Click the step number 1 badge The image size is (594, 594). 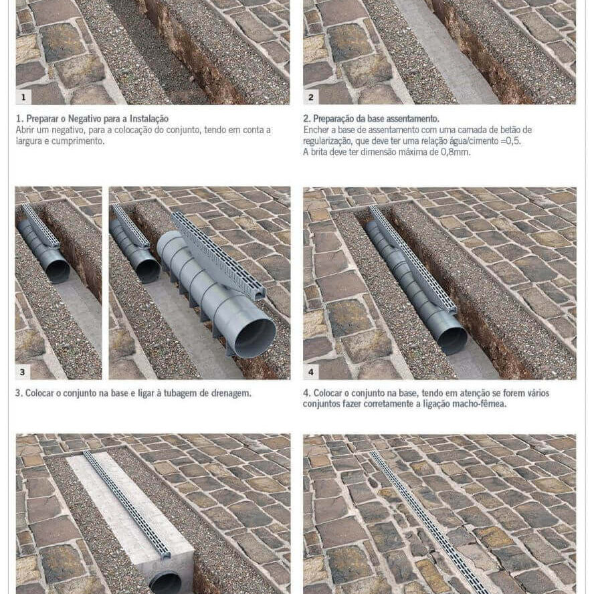pyautogui.click(x=24, y=97)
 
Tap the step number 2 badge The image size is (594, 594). pyautogui.click(x=311, y=97)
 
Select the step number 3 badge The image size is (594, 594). pyautogui.click(x=24, y=372)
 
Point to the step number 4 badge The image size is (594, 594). pyautogui.click(x=311, y=372)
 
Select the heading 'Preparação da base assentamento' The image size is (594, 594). pyautogui.click(x=371, y=118)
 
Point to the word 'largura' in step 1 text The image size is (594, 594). pyautogui.click(x=31, y=141)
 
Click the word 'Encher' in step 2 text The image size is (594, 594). pyautogui.click(x=317, y=130)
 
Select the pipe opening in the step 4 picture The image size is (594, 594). pyautogui.click(x=452, y=340)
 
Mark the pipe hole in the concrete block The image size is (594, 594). pyautogui.click(x=165, y=582)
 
